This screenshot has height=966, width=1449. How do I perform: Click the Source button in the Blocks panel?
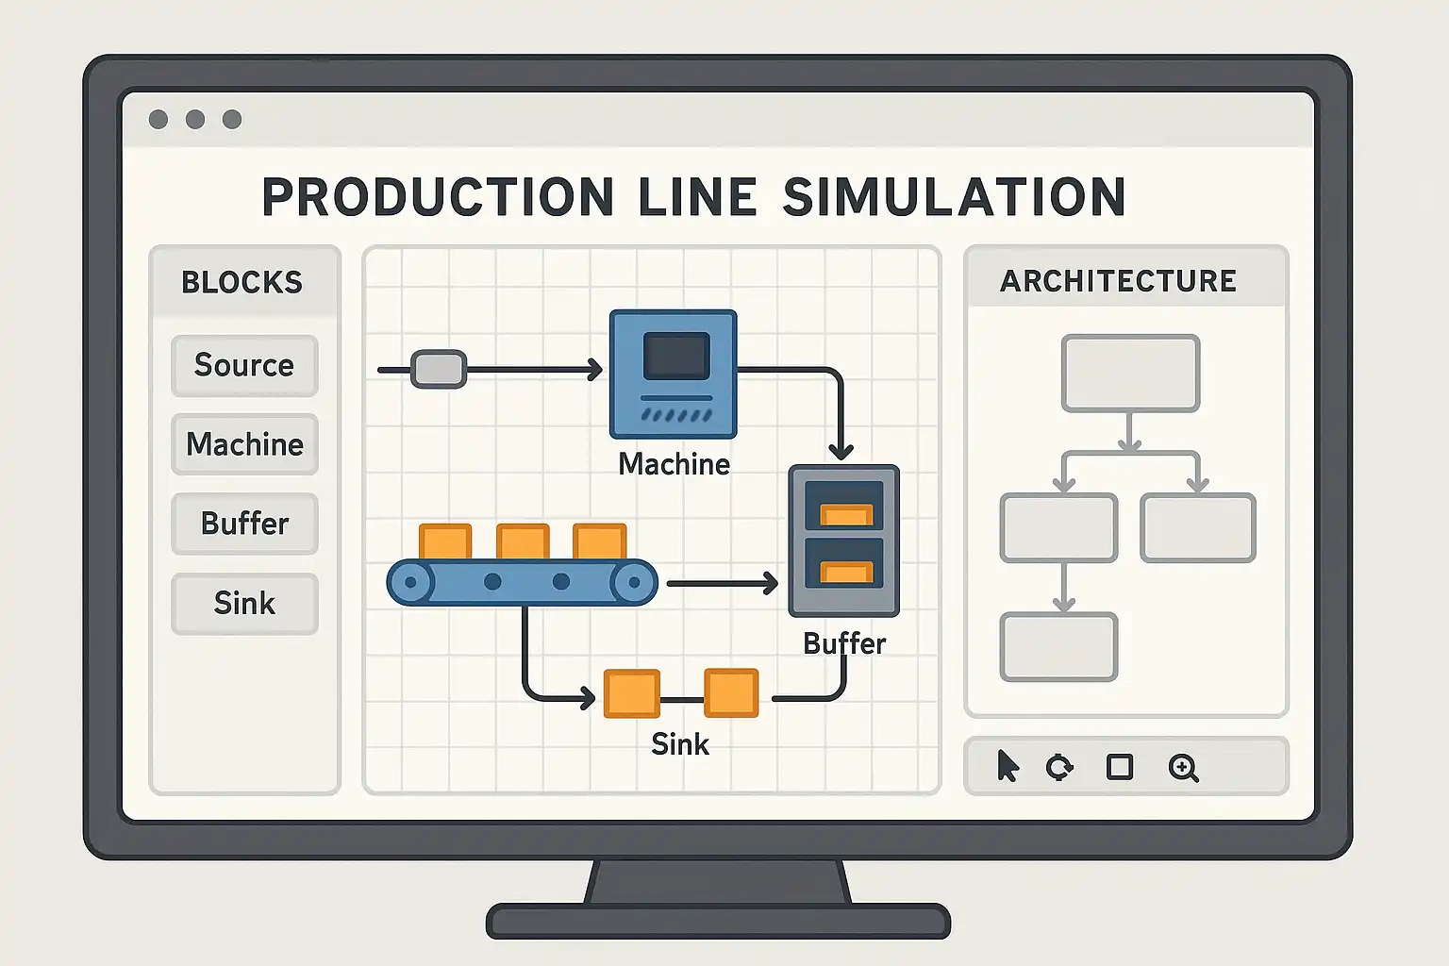tap(244, 365)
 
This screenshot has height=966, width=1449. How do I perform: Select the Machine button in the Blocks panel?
tap(244, 444)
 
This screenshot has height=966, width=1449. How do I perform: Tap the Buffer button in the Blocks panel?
tap(244, 524)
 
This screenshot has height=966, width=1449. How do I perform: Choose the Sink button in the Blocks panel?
tap(244, 603)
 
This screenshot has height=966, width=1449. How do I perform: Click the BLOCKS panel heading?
tap(242, 282)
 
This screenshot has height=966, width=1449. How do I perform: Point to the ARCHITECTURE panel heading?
tap(1118, 281)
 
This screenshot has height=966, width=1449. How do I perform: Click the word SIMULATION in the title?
tap(955, 197)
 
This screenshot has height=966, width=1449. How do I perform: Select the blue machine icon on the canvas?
tap(673, 375)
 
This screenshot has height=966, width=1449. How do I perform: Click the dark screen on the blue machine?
tap(675, 356)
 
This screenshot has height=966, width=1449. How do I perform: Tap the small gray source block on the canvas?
tap(439, 369)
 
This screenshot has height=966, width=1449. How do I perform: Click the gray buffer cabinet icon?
tap(844, 541)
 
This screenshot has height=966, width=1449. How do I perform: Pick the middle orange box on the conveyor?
tap(523, 542)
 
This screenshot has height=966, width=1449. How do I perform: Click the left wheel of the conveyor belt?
tap(410, 582)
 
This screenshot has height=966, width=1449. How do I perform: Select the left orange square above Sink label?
tap(631, 693)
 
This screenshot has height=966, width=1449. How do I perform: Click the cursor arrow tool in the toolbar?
tap(1008, 766)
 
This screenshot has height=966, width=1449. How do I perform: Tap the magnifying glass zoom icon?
tap(1183, 768)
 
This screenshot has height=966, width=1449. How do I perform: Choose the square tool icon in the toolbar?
tap(1120, 767)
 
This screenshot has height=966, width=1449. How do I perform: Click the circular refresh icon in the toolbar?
tap(1059, 767)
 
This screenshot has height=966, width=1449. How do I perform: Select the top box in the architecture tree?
tap(1130, 374)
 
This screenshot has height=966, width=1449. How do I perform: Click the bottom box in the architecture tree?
tap(1058, 647)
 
